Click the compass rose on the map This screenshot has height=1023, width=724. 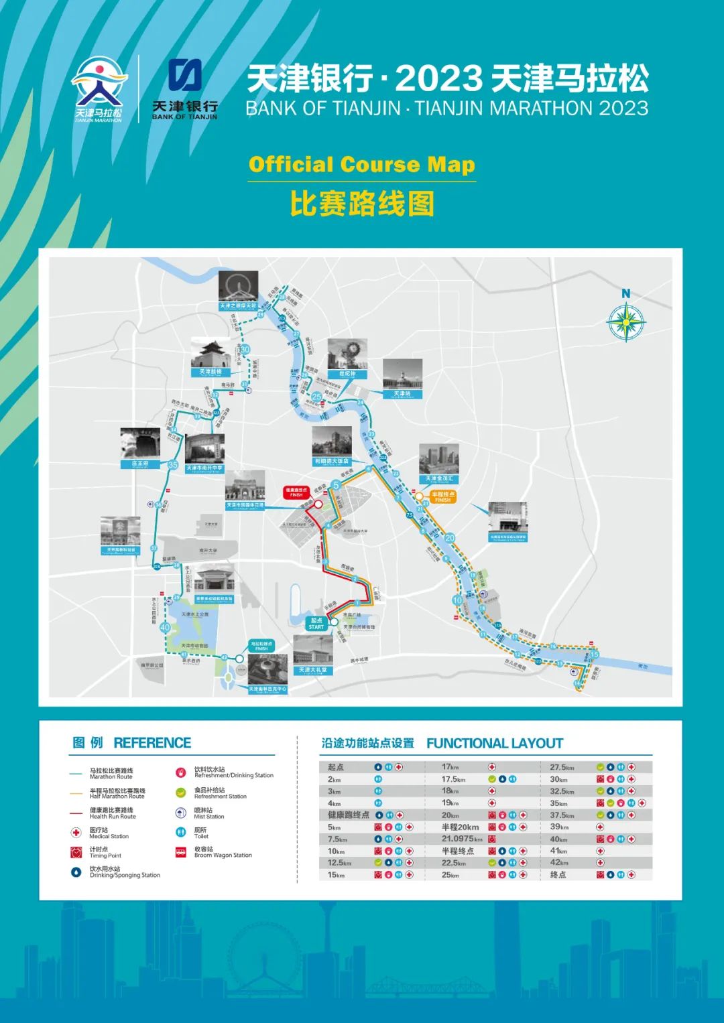click(625, 322)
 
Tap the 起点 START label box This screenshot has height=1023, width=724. click(316, 624)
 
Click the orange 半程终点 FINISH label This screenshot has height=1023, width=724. click(442, 497)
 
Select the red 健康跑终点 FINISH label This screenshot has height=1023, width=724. click(296, 492)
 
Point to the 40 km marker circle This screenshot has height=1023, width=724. click(165, 628)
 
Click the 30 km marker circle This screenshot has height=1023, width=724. click(245, 349)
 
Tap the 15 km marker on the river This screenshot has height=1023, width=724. click(593, 655)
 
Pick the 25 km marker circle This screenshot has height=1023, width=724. click(316, 397)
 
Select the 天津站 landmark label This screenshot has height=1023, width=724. click(402, 394)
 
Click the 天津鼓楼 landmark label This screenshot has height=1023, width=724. click(210, 372)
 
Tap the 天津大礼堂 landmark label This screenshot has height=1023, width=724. click(313, 670)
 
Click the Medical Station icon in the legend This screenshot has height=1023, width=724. click(76, 833)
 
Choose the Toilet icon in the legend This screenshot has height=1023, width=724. click(180, 832)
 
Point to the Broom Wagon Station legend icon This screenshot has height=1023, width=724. click(180, 852)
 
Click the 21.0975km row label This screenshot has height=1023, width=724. click(462, 839)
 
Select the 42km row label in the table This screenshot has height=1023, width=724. click(558, 863)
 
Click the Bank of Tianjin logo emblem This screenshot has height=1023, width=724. click(184, 76)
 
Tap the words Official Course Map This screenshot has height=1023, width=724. click(361, 165)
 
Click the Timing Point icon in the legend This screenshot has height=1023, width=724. click(76, 852)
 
